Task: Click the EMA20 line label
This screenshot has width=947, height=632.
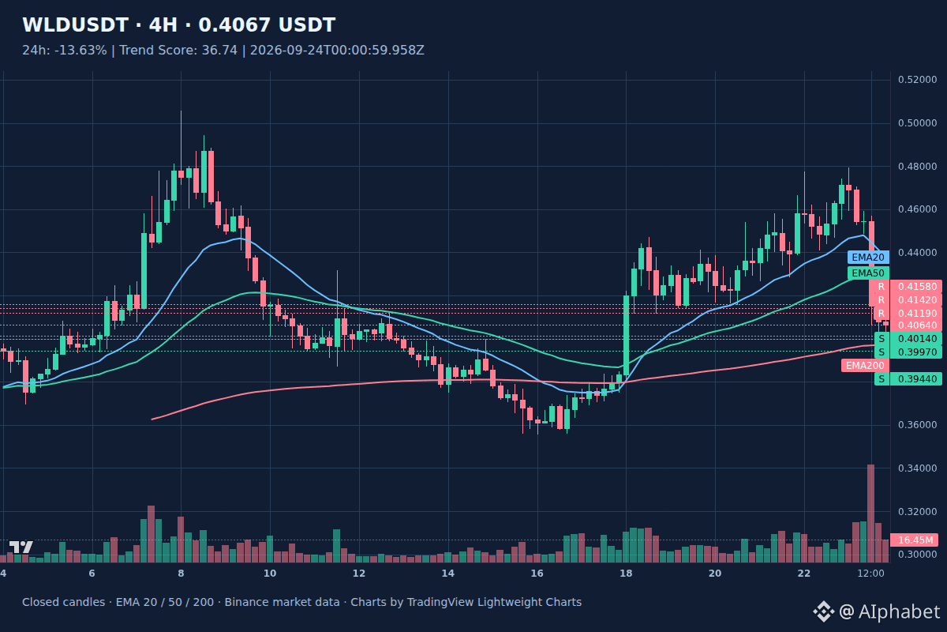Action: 868,258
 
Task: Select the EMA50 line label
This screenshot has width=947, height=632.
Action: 868,273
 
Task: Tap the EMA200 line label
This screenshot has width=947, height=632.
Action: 865,365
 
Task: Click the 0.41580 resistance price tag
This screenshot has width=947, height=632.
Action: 916,287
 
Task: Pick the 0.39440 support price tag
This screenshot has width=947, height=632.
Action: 916,379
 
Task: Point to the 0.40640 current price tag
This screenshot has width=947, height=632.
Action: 916,325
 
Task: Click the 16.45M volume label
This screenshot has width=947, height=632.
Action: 915,540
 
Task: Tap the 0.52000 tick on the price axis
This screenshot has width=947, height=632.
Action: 917,80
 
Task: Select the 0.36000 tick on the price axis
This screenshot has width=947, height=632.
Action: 917,425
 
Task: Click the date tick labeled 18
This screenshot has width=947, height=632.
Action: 626,574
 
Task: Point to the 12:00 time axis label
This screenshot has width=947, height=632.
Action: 870,574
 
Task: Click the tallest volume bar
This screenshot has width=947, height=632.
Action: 870,513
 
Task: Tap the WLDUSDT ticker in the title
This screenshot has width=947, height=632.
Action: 75,25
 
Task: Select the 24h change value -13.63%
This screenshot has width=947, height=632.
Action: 80,51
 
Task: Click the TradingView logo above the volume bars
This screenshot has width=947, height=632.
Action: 21,547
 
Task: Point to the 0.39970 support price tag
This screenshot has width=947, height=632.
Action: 916,352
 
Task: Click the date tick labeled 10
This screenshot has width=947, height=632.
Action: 270,574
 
